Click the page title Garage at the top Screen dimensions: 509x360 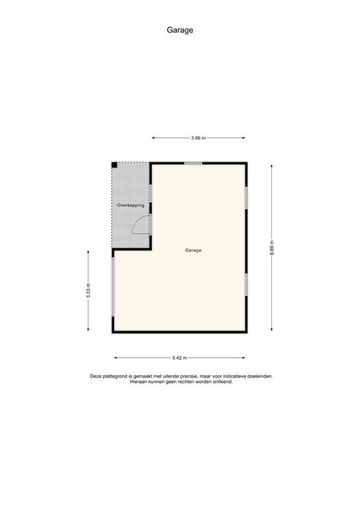pos(180,30)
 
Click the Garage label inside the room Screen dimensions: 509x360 pos(193,251)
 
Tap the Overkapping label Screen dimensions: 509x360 pos(131,205)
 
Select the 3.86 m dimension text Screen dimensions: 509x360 pos(198,138)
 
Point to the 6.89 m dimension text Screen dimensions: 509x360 pos(272,249)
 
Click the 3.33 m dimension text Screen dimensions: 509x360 pos(88,291)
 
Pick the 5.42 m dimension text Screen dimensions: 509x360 pos(179,358)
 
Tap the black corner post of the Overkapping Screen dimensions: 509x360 pos(114,164)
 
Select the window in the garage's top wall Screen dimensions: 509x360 pos(193,163)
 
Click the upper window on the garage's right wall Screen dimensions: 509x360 pos(246,198)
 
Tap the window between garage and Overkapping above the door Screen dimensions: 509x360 pos(151,193)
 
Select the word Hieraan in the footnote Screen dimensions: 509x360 pos(139,382)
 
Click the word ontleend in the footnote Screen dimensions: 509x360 pos(222,382)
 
